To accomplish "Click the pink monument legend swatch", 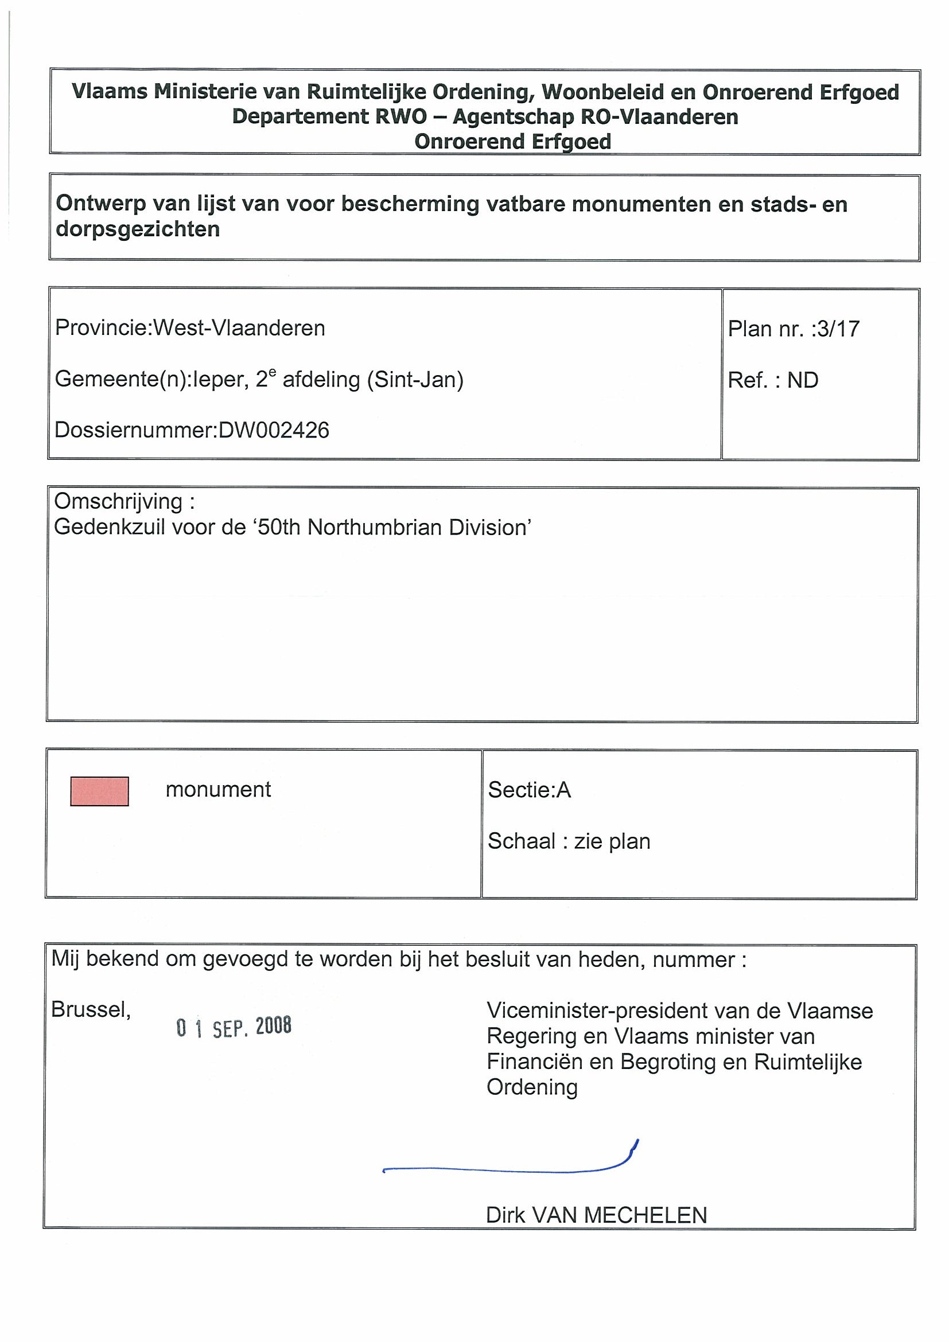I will click(99, 791).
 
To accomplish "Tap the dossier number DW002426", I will click(274, 430).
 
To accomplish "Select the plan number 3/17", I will click(838, 329).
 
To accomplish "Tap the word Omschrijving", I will click(118, 501).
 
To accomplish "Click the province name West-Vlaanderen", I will click(239, 328).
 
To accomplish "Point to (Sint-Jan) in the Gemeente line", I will click(415, 380).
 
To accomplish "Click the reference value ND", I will click(802, 380).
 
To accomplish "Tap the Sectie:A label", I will click(529, 790).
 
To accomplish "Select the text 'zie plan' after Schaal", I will click(612, 841).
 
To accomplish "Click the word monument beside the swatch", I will click(218, 790).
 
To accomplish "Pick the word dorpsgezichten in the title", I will click(138, 229).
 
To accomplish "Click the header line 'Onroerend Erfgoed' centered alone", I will click(513, 142).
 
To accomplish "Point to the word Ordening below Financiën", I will click(532, 1087).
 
